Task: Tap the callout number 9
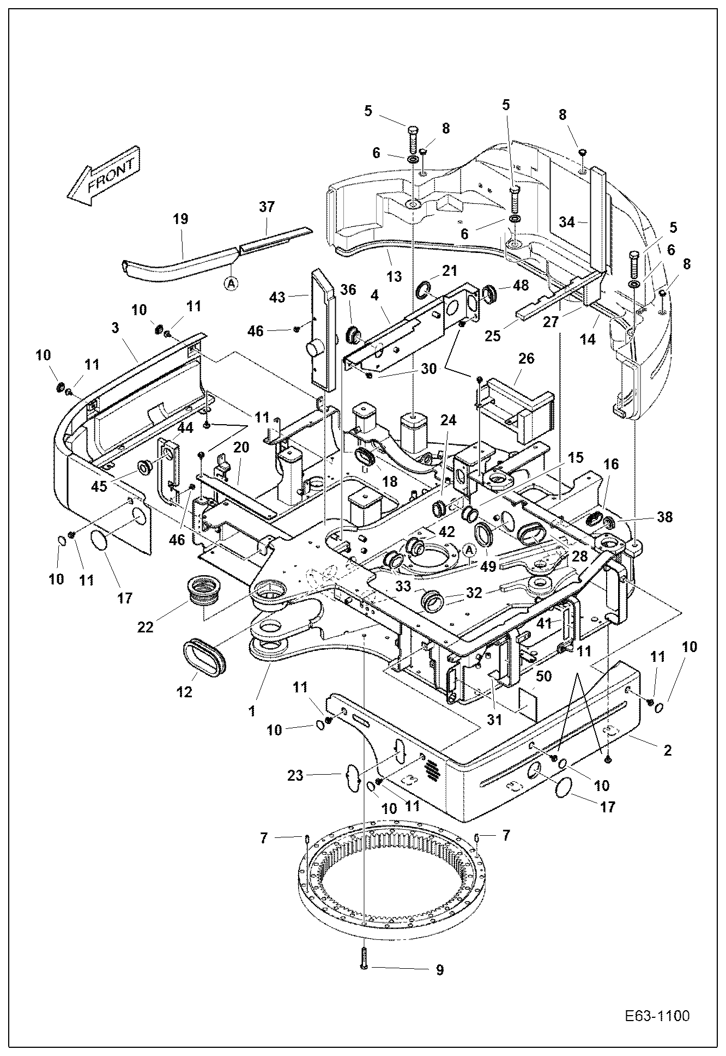439,970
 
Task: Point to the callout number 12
185,692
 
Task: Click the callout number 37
267,207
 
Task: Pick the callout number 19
180,219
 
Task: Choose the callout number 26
526,358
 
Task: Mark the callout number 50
543,677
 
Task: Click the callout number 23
295,775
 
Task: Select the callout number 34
567,222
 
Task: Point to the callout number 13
394,276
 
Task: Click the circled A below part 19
232,283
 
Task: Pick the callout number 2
667,750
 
